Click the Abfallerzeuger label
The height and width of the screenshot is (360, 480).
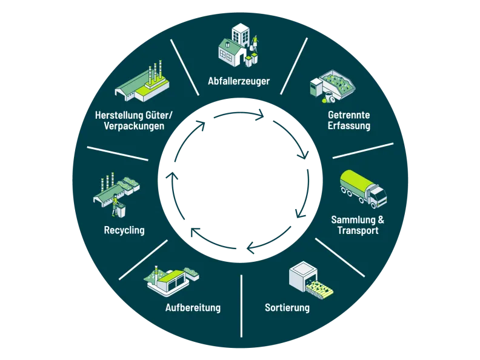239,81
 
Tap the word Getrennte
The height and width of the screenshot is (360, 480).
349,115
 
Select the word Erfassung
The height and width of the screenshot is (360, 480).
349,125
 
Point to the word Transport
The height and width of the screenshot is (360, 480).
358,230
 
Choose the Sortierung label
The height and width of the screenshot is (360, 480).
287,307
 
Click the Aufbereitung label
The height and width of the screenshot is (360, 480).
193,307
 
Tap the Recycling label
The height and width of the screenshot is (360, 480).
124,230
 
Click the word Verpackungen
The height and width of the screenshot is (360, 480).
134,126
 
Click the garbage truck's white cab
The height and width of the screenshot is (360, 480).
378,195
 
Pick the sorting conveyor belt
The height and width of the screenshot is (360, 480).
319,288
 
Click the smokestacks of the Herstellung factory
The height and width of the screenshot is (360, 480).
155,72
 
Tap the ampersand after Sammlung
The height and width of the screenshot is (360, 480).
381,219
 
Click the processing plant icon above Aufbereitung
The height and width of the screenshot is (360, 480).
172,280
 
